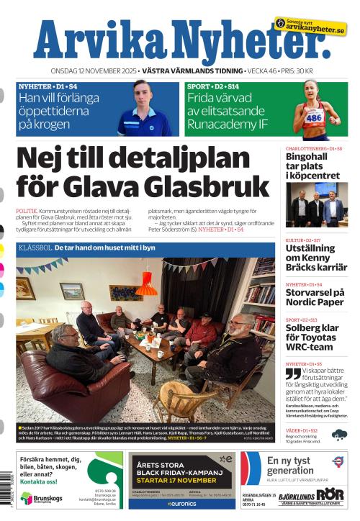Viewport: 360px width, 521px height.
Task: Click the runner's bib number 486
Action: tap(314, 116)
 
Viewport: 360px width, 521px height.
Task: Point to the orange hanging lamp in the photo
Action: tap(146, 285)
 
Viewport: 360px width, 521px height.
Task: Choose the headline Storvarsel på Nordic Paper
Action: tap(315, 297)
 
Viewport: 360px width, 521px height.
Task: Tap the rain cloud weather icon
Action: tap(338, 434)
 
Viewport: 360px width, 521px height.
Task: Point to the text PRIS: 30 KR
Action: tap(295, 71)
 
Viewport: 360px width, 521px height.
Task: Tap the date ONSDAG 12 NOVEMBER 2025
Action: tap(93, 71)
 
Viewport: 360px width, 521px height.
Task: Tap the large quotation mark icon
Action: tap(292, 373)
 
